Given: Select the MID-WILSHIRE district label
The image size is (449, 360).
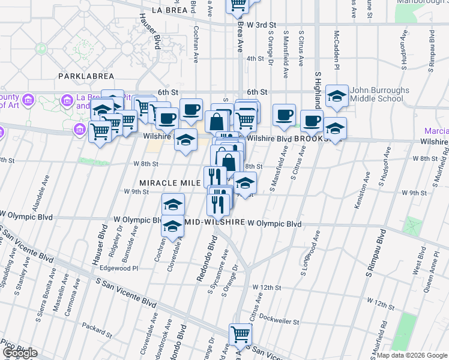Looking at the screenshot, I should click(x=214, y=222).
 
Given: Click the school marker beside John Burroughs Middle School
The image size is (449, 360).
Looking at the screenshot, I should click(x=337, y=96).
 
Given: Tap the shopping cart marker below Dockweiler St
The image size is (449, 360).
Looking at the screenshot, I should click(x=240, y=334).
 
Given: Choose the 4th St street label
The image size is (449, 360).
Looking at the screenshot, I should click(x=255, y=58).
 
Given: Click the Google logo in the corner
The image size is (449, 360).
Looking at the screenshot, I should click(x=20, y=353).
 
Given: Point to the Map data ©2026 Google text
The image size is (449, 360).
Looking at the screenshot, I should click(x=412, y=355).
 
